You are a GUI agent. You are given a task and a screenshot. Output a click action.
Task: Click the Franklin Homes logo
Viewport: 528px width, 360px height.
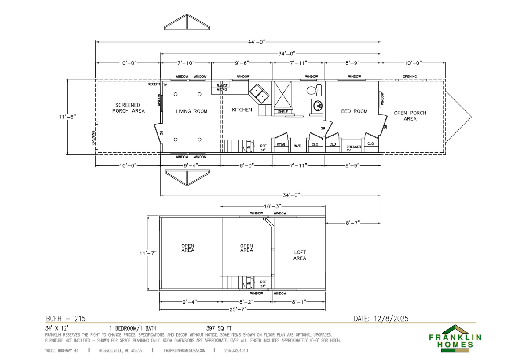pyautogui.click(x=455, y=338)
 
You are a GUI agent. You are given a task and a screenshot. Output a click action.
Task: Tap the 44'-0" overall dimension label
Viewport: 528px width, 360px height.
pyautogui.click(x=257, y=42)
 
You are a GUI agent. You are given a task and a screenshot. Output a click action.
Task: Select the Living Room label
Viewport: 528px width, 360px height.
pyautogui.click(x=191, y=111)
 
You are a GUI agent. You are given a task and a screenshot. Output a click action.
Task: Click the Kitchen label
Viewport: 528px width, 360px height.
pyautogui.click(x=242, y=110)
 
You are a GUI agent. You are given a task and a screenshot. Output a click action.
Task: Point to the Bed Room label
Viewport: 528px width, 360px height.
pyautogui.click(x=354, y=111)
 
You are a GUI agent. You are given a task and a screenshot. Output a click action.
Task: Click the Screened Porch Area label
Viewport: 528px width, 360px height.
pyautogui.click(x=128, y=108)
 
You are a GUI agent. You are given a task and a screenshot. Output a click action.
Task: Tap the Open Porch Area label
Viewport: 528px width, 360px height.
pyautogui.click(x=410, y=116)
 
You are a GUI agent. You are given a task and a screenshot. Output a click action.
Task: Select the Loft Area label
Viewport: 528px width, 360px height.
pyautogui.click(x=300, y=255)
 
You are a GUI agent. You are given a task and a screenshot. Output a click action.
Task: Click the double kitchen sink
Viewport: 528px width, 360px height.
pyautogui.click(x=259, y=94)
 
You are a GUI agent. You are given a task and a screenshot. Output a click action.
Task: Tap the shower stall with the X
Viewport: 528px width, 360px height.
pyautogui.click(x=282, y=94)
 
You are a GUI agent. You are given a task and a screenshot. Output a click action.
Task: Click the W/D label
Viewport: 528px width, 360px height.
pyautogui.click(x=297, y=146)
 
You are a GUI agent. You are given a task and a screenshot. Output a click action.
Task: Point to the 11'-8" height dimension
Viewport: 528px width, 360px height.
pyautogui.click(x=67, y=117)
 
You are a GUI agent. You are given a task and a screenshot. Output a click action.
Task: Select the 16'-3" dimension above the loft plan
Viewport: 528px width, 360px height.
pyautogui.click(x=272, y=206)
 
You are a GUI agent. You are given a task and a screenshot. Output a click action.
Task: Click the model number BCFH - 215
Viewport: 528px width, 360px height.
pyautogui.click(x=66, y=319)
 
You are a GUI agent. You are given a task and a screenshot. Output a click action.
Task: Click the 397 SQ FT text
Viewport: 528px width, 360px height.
pyautogui.click(x=219, y=328)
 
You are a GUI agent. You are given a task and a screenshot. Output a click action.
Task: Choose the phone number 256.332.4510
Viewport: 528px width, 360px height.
pyautogui.click(x=236, y=351)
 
